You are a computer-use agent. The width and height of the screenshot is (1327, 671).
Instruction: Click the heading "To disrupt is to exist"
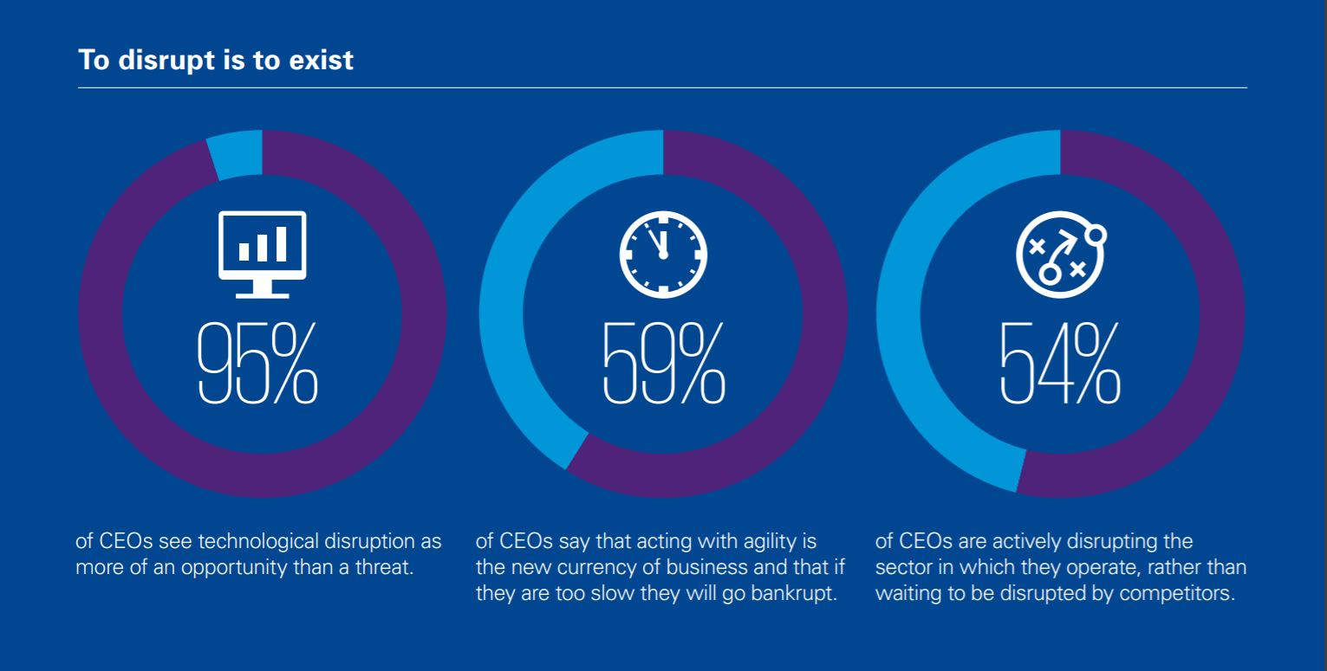[216, 61]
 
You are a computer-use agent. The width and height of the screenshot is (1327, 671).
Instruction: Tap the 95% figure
[257, 364]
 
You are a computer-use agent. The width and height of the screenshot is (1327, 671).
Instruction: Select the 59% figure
[664, 364]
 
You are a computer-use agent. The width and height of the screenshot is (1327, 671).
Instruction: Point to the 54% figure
[1060, 364]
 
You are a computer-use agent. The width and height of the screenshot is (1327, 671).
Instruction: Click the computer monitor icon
[263, 255]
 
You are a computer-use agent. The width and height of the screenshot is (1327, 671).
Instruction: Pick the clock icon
[664, 255]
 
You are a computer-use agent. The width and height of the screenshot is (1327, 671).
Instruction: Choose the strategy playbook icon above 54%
[1061, 255]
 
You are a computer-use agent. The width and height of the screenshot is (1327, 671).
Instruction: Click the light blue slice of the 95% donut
[236, 154]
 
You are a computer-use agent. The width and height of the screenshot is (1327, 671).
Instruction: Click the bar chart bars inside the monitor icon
[263, 244]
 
